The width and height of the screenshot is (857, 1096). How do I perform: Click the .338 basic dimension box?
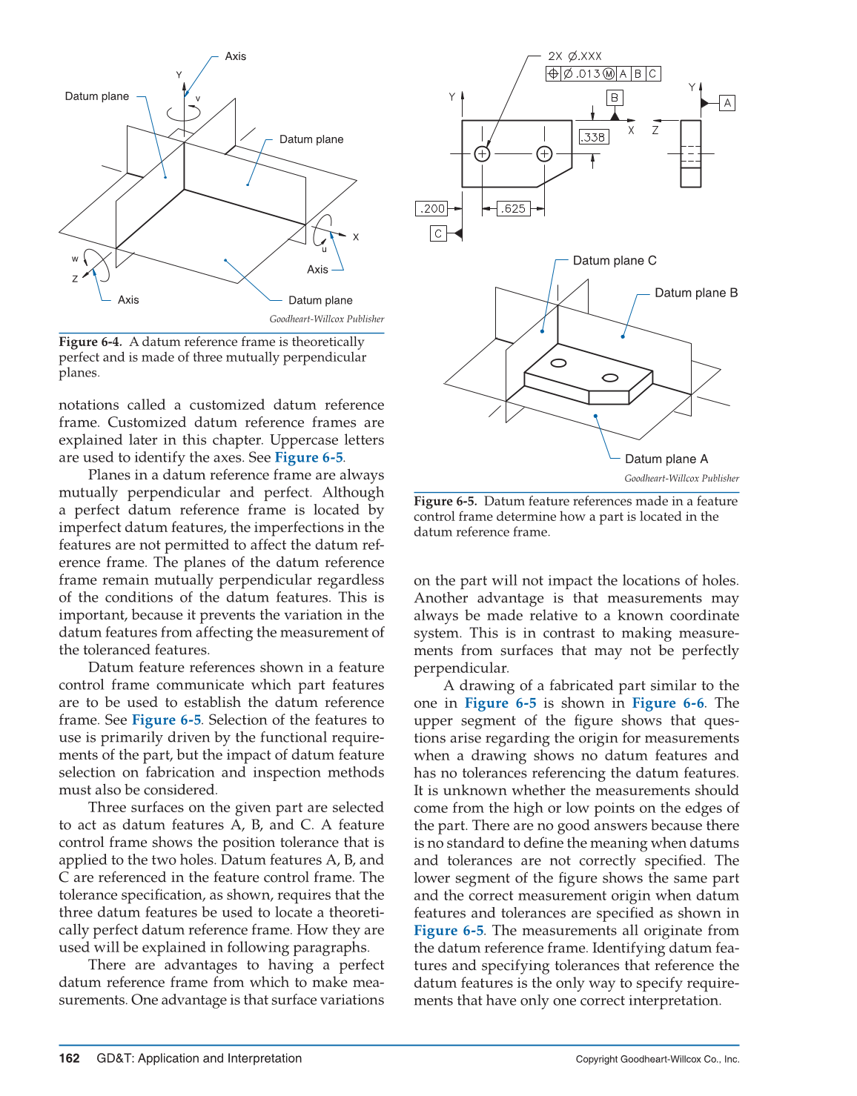pos(593,137)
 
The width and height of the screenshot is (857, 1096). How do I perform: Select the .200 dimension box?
pos(431,208)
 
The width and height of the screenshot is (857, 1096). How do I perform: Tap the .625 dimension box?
pos(513,208)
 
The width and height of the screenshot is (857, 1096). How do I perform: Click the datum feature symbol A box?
pos(727,103)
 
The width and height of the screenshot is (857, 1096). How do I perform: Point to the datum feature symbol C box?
pos(438,233)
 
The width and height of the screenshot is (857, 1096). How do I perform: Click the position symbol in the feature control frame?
pos(553,73)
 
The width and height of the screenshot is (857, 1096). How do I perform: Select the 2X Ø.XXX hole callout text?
pos(575,56)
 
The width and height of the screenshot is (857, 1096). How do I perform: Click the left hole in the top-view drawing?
pos(482,153)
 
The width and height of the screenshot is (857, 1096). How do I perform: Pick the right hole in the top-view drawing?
pos(544,153)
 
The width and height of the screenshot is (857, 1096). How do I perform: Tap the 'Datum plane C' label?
pos(614,261)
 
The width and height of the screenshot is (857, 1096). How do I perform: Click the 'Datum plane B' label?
pos(695,293)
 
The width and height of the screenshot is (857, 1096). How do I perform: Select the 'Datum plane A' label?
pos(666,459)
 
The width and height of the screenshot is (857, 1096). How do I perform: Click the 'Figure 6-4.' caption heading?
pos(90,342)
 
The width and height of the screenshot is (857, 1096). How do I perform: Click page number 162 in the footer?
pos(69,1058)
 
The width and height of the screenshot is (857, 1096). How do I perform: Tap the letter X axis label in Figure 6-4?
pos(356,237)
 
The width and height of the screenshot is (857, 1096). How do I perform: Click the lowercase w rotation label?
pos(75,259)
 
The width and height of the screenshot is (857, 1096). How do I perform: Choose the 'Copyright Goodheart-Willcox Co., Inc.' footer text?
pos(657,1059)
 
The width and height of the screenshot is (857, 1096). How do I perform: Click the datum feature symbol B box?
pos(614,98)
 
